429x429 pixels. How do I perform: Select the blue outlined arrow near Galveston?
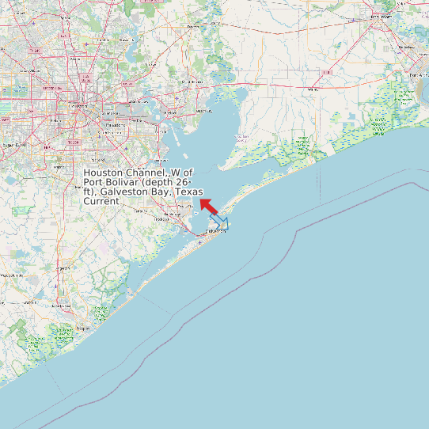[x=219, y=220]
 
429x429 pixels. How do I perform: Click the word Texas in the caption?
[x=188, y=192]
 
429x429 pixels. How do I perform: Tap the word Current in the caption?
[x=101, y=201]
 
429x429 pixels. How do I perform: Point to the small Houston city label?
[x=77, y=105]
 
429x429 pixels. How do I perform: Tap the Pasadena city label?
[x=116, y=124]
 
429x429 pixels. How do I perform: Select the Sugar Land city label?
[x=13, y=145]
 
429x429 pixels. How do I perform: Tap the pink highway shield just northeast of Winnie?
[x=327, y=72]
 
